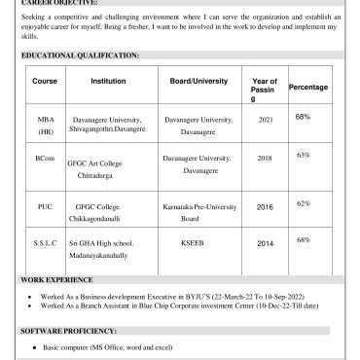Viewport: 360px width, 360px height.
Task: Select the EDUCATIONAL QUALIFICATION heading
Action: pos(81,56)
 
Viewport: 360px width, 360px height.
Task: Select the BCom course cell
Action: pos(45,156)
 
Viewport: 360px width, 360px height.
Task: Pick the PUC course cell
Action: pos(45,207)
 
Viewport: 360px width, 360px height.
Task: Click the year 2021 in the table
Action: pos(265,119)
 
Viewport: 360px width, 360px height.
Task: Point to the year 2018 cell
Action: pos(265,156)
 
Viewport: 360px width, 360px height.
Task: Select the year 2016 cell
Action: pos(265,207)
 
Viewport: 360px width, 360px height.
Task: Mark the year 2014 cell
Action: pos(265,242)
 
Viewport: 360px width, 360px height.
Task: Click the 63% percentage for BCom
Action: pos(303,155)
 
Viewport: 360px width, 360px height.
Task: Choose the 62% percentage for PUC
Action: pos(303,203)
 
